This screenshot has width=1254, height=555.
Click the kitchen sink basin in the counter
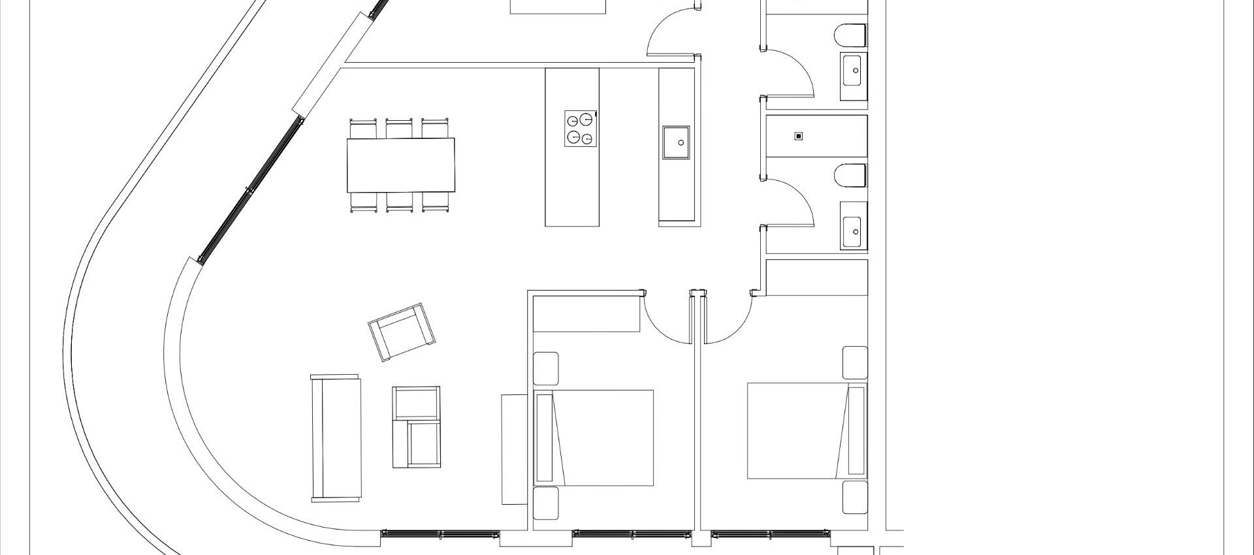point(680,143)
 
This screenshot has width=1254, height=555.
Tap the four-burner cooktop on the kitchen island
point(581,129)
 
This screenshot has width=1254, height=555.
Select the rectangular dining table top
point(400,165)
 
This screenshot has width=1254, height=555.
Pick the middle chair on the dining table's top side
point(399,128)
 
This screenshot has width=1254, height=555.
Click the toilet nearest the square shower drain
point(851,176)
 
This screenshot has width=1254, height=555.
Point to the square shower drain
point(798,136)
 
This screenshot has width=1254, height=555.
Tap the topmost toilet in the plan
point(851,35)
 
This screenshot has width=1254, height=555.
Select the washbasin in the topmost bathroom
point(854,70)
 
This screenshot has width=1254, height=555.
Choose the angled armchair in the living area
point(402,331)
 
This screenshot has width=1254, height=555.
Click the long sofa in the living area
point(336,438)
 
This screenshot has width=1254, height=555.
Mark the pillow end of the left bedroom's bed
point(545,437)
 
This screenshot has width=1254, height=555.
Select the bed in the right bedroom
point(807,431)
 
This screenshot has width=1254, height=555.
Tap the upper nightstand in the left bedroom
point(546,368)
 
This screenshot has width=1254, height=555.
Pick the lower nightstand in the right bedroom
point(854,498)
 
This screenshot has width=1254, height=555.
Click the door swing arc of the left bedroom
point(666,320)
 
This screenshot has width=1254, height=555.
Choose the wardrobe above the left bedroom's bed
point(586,314)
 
